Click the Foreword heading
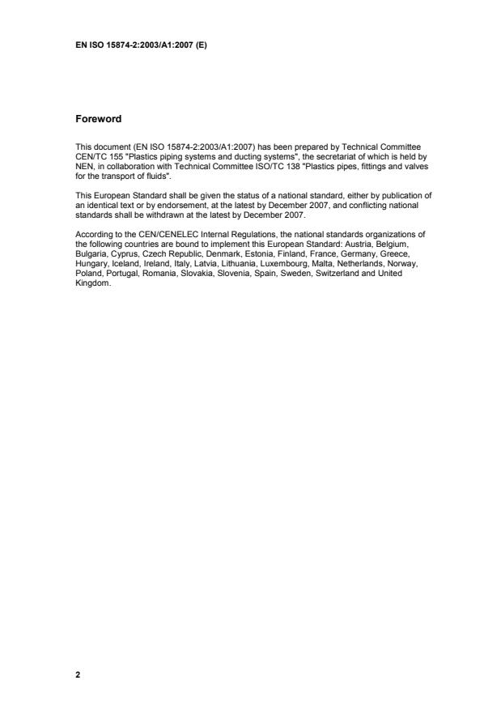pos(98,119)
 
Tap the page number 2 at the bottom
pos(78,674)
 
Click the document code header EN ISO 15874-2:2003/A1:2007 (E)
pos(141,45)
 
